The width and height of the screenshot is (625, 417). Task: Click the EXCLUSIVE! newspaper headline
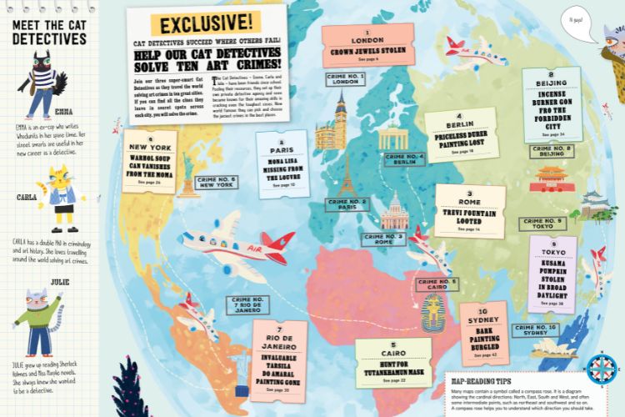pos(204,23)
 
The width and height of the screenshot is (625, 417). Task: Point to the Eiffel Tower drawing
pos(347,175)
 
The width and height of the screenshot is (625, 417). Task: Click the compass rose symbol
pos(599,369)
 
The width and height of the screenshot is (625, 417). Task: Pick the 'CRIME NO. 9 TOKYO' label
pos(542,224)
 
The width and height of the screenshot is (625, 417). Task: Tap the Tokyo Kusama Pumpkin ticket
pos(552,274)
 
